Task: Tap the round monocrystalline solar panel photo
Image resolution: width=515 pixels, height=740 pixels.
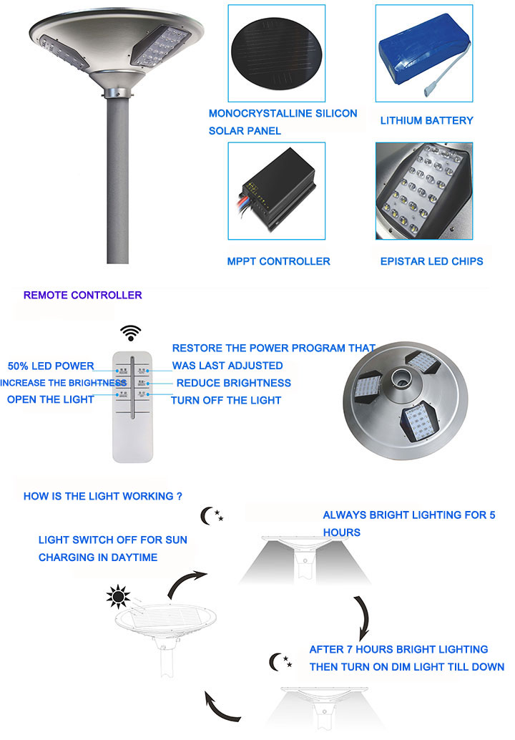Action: click(x=277, y=52)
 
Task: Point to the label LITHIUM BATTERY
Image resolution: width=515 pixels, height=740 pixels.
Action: click(x=426, y=120)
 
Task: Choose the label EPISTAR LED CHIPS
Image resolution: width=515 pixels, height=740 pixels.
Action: click(x=431, y=261)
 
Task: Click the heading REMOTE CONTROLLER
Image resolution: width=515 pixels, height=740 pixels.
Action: click(x=82, y=295)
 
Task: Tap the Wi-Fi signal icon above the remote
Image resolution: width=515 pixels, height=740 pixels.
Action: click(x=130, y=333)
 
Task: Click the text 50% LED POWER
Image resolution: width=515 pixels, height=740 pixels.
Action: click(x=51, y=366)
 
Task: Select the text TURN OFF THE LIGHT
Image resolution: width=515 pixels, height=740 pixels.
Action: click(x=225, y=400)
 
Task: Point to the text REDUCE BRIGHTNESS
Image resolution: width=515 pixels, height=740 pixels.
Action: click(x=233, y=383)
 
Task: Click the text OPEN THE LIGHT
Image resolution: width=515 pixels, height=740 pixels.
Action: click(x=50, y=399)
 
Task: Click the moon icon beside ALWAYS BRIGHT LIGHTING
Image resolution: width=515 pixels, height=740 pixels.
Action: click(x=210, y=515)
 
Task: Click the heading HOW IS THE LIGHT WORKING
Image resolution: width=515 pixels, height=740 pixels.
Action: click(x=102, y=496)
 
